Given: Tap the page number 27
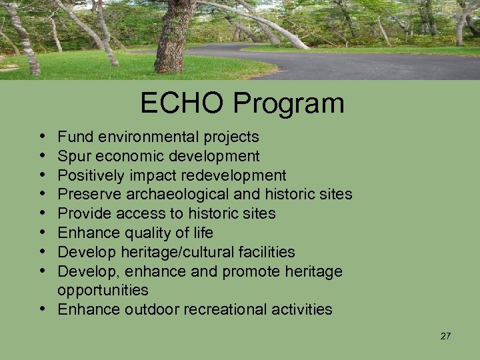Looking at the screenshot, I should click(x=445, y=336).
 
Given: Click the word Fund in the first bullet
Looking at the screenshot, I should click(x=75, y=137).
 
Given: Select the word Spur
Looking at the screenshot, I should click(x=75, y=157).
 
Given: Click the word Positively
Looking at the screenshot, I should click(x=90, y=176).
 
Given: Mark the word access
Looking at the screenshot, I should click(x=139, y=214).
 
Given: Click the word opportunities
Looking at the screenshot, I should click(x=103, y=291).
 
